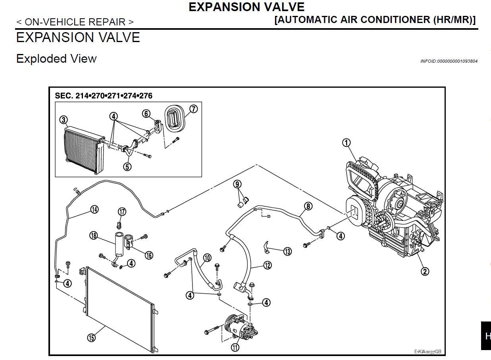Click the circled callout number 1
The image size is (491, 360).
(347, 143)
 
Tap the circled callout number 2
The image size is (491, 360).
(425, 271)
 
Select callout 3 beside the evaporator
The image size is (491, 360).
(64, 120)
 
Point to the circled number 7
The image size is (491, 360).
(194, 109)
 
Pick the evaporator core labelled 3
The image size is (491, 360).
(85, 150)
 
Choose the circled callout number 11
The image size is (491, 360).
(235, 347)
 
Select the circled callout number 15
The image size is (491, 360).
(91, 337)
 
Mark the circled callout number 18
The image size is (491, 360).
(94, 235)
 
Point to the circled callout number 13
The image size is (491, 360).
(288, 251)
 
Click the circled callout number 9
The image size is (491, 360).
(237, 184)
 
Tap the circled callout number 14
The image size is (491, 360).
(94, 210)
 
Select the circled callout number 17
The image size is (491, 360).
(122, 212)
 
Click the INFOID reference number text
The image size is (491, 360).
(449, 61)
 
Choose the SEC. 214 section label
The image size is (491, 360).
(104, 96)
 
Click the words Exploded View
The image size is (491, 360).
(56, 59)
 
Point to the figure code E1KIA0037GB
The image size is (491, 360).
(427, 352)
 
